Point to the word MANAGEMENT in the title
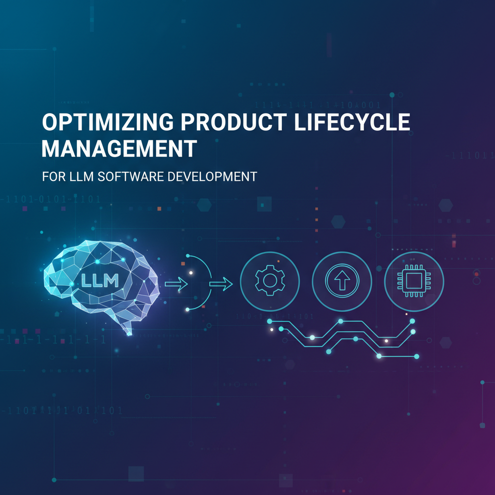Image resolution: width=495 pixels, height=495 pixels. [119, 149]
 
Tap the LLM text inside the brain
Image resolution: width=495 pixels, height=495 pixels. [99, 280]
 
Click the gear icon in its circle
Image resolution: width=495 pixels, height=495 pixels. [269, 281]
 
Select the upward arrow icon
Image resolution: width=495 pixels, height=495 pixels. [341, 281]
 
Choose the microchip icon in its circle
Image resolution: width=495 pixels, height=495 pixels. [414, 281]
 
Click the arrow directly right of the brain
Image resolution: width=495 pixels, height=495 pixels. [176, 284]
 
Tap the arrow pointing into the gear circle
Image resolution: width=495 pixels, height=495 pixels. [221, 284]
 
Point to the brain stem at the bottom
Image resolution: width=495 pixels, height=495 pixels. [128, 329]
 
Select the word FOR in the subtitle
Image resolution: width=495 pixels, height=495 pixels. [50, 176]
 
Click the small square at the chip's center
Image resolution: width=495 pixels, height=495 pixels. [414, 281]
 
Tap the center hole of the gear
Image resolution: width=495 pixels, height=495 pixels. [269, 281]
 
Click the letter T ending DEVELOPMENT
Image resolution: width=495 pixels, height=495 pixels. [252, 176]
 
